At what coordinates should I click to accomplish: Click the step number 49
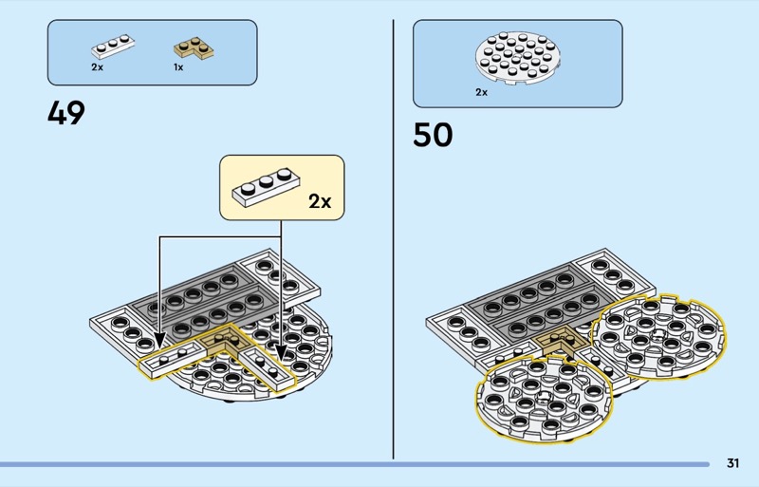(x=66, y=114)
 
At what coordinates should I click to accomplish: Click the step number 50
(x=433, y=135)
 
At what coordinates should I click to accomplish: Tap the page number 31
(x=732, y=463)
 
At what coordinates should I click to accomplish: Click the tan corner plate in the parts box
(x=191, y=47)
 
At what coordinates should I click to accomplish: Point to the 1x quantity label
(x=177, y=67)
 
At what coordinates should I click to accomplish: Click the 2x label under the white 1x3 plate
(x=97, y=67)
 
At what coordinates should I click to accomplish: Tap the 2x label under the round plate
(x=481, y=92)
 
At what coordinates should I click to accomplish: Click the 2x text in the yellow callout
(x=320, y=201)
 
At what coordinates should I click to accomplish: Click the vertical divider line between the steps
(x=394, y=237)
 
